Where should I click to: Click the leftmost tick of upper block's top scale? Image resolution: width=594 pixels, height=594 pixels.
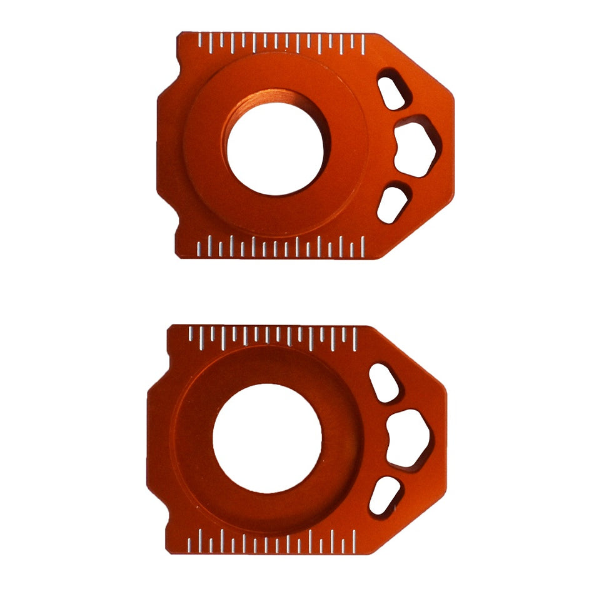pyautogui.click(x=199, y=41)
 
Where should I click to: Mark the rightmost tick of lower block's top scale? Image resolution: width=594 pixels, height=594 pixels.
pyautogui.click(x=355, y=335)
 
